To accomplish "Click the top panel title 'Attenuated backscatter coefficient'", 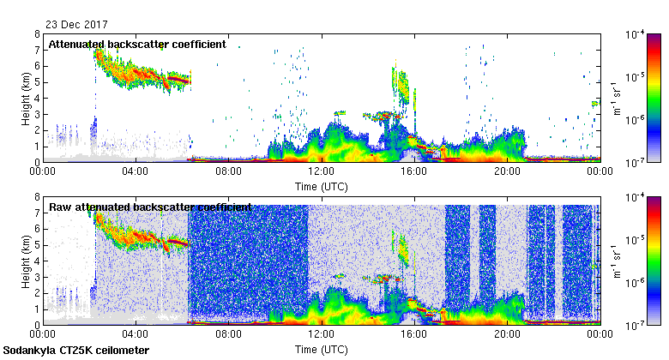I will click(136, 44).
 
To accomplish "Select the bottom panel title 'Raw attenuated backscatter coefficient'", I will click(150, 207).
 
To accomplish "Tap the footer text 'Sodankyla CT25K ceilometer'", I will click(76, 351).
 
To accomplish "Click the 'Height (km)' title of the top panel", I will click(26, 98).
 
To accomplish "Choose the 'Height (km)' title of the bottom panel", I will click(26, 261).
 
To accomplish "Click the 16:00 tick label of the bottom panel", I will click(413, 335).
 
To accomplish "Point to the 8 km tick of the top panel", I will click(37, 34).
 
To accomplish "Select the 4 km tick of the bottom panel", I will click(37, 261).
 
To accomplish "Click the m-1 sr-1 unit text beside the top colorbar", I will click(617, 98).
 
